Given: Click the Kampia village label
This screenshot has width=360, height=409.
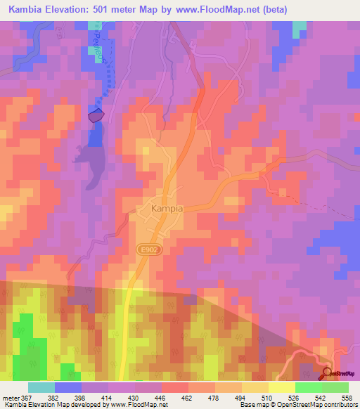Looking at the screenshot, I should pos(168,209).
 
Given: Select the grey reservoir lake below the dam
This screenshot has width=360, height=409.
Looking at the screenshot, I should pos(92,158).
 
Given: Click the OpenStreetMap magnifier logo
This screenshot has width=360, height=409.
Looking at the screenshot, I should pos(328,373).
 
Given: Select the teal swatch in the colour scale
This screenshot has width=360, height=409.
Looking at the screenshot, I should pos(41,387).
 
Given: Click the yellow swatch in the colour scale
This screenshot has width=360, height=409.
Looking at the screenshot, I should pos(282,387).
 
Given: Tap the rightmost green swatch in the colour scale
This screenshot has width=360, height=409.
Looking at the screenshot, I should pos(335,387).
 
